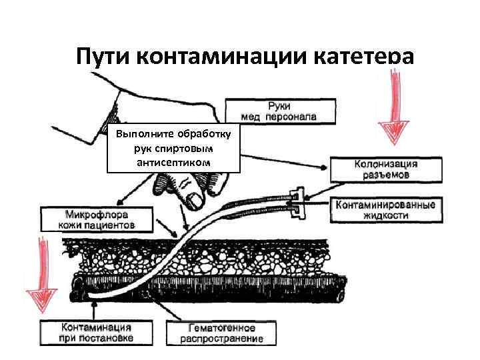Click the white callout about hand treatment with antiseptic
pyautogui.click(x=173, y=148)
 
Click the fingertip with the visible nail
pyautogui.click(x=195, y=199)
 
